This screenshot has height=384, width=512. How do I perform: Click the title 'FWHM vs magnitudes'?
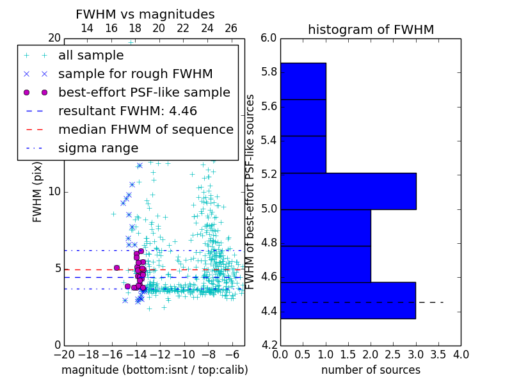pos(145,14)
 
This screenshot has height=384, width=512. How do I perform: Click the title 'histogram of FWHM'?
pos(371,29)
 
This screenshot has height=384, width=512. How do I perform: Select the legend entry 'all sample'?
pos(91,56)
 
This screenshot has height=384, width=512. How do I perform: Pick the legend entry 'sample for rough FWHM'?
pos(135,74)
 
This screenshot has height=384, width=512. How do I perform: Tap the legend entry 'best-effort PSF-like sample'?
pos(144,92)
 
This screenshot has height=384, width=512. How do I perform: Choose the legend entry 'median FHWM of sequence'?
pos(145,129)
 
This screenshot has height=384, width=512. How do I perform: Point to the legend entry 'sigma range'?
pos(98,148)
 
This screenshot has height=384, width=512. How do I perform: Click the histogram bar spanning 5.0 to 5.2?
pos(348,191)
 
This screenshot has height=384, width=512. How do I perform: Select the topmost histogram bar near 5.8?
pos(303,81)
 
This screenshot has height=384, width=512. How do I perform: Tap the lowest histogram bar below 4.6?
pos(348,300)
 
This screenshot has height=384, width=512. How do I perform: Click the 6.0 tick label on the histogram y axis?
pos(269,38)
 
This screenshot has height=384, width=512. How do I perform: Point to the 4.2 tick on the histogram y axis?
pos(269,346)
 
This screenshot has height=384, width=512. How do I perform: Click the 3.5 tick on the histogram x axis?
pos(438,354)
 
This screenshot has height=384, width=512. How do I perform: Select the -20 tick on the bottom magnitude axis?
pos(64,354)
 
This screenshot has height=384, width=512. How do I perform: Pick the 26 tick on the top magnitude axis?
pos(231,28)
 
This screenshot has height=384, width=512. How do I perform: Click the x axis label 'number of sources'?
pos(371,370)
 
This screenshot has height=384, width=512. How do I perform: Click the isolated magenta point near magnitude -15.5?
pos(116,268)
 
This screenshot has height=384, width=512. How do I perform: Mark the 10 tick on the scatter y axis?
pos(54,192)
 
